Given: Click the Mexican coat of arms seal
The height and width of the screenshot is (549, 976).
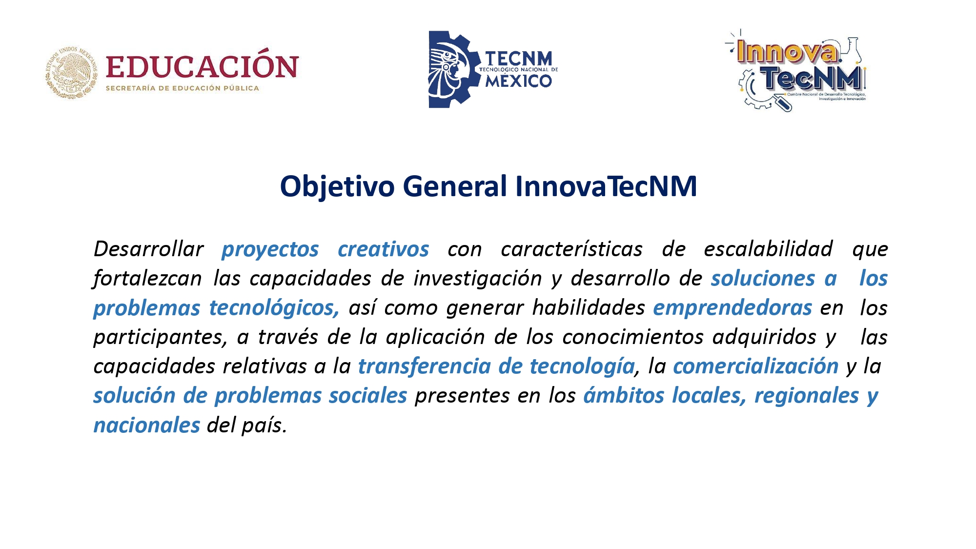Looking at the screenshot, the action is pyautogui.click(x=72, y=73).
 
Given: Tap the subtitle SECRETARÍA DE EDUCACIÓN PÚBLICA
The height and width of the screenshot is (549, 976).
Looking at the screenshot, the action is pyautogui.click(x=183, y=88).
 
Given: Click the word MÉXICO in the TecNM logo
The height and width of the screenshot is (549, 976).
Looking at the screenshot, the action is pyautogui.click(x=518, y=81).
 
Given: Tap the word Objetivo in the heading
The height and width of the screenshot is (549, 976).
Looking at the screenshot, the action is pyautogui.click(x=337, y=187).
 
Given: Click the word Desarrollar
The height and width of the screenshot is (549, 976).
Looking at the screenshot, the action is pyautogui.click(x=148, y=249).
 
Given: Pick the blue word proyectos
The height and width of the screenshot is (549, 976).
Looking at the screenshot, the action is pyautogui.click(x=270, y=250).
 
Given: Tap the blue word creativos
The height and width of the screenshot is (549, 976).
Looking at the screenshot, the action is pyautogui.click(x=383, y=249).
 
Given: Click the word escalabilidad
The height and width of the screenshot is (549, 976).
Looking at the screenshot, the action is pyautogui.click(x=768, y=248).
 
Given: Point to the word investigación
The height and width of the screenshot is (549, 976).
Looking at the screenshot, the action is pyautogui.click(x=478, y=279).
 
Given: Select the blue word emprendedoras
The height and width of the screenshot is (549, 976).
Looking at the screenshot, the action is pyautogui.click(x=732, y=308).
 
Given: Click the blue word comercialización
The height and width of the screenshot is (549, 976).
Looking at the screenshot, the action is pyautogui.click(x=756, y=366).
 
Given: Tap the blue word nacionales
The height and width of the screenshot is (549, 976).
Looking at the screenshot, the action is pyautogui.click(x=147, y=425).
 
